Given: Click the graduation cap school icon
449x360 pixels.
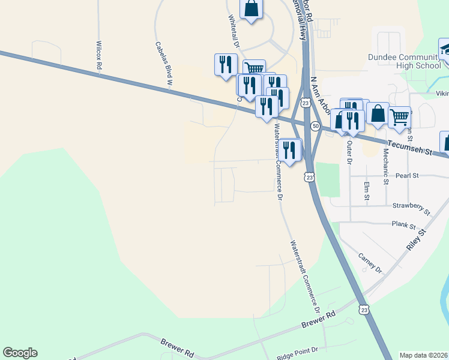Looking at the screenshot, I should [446, 49].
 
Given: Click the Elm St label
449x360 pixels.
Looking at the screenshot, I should [366, 189].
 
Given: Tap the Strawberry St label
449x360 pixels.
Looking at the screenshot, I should [412, 208].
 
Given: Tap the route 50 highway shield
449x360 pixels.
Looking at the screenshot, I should [315, 126].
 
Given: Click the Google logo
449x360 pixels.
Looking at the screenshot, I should [20, 353].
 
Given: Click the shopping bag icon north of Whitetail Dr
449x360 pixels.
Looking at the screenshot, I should [251, 9].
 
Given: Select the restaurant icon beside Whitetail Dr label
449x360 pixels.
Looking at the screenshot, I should [225, 64].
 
